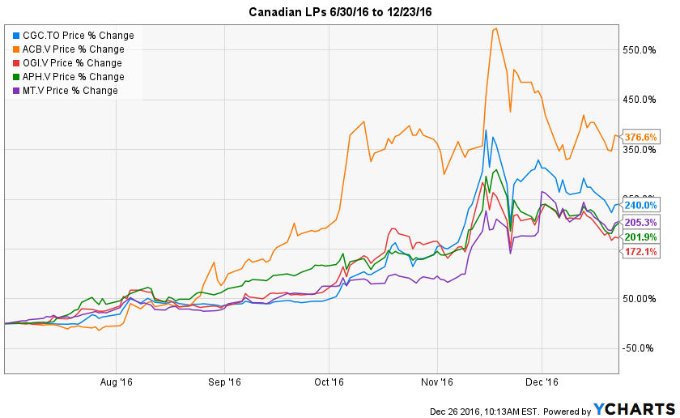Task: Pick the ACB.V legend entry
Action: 73,49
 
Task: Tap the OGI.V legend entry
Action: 72,63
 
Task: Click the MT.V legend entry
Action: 70,91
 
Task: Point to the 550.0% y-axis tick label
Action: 639,50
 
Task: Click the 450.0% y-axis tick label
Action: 639,100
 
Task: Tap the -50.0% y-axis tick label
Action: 639,349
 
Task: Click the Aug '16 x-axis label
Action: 116,381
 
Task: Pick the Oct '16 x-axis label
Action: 329,381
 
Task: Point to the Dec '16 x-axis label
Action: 542,381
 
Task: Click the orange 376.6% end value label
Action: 640,137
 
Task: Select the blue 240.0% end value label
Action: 640,206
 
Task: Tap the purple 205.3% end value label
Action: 640,222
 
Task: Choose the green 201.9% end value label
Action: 640,237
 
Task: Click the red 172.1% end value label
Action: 640,252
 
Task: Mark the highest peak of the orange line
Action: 495,29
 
